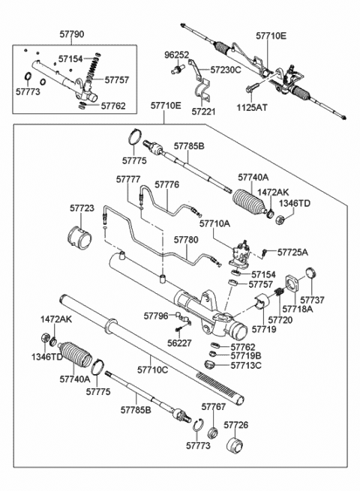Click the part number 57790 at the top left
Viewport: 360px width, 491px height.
[72, 34]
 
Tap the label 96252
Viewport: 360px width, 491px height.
[177, 55]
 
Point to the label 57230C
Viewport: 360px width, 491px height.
[226, 70]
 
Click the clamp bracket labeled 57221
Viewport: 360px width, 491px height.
[202, 91]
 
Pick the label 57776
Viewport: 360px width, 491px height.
[167, 184]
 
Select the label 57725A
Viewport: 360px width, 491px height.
[292, 252]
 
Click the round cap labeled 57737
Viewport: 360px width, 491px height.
[310, 273]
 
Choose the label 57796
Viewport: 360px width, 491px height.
[156, 316]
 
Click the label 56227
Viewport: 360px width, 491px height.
[179, 343]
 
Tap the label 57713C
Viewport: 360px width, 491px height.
[246, 365]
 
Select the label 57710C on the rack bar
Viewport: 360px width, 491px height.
[152, 370]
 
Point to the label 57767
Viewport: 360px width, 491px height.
[213, 406]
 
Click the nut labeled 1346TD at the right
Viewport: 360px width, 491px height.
[280, 219]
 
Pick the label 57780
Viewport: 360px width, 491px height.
[186, 240]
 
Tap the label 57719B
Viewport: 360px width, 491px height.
[246, 356]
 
